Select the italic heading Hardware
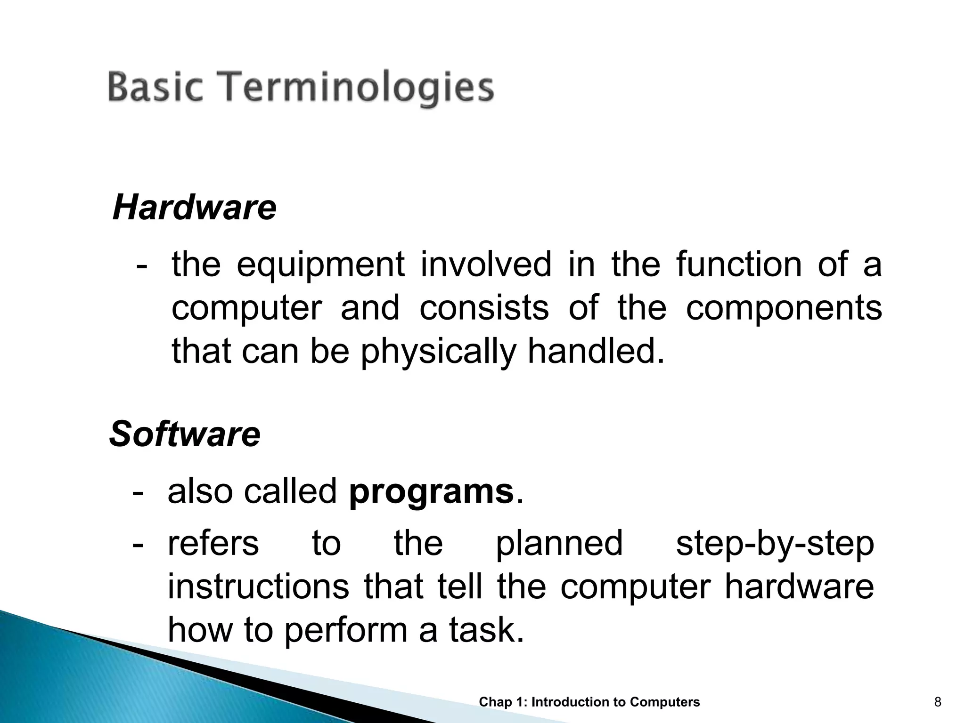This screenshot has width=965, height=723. pos(194,208)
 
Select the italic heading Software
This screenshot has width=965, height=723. pos(184,434)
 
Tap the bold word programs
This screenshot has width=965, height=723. pos(431,491)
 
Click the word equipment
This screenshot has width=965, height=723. pos(320,265)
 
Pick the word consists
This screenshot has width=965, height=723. pos(484,308)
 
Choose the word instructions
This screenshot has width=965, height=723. pos(259,587)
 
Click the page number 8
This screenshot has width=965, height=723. pos(938,702)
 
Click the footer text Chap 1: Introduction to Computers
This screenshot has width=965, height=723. pos(589,702)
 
